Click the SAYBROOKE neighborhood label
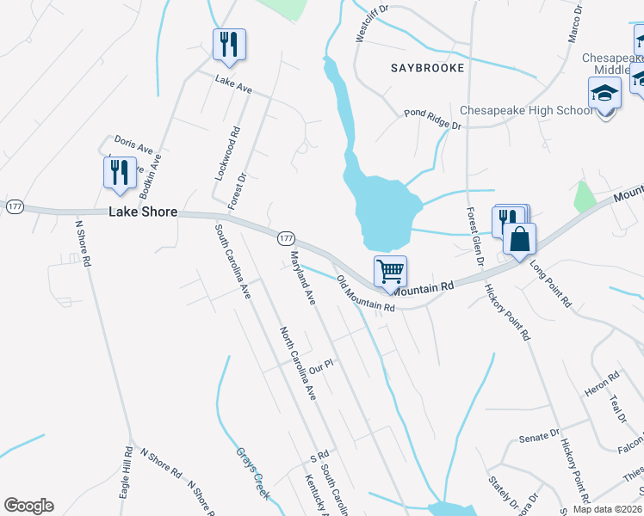[x=427, y=67]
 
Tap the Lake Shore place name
[x=143, y=212]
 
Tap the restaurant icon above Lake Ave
[x=229, y=44]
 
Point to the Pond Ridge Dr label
[x=433, y=120]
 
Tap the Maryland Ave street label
[x=303, y=279]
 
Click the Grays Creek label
[x=253, y=472]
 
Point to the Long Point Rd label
[x=551, y=285]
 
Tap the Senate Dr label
[x=540, y=438]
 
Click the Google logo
[x=28, y=506]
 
